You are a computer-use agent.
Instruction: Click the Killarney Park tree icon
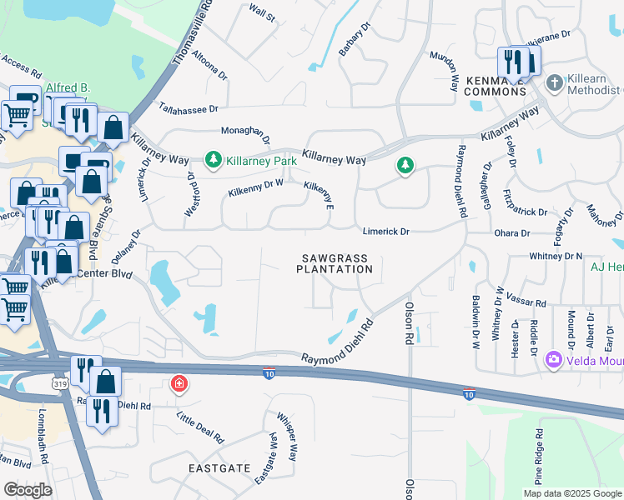(214, 158)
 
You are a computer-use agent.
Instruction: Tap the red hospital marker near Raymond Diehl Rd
(178, 384)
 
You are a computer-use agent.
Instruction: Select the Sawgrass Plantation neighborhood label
(335, 263)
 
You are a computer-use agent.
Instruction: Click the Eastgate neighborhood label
(218, 468)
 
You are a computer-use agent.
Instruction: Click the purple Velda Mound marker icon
(551, 360)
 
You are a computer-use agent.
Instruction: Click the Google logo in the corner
(28, 490)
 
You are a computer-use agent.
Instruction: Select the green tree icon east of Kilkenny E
(405, 167)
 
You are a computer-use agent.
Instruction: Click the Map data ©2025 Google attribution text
(571, 493)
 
